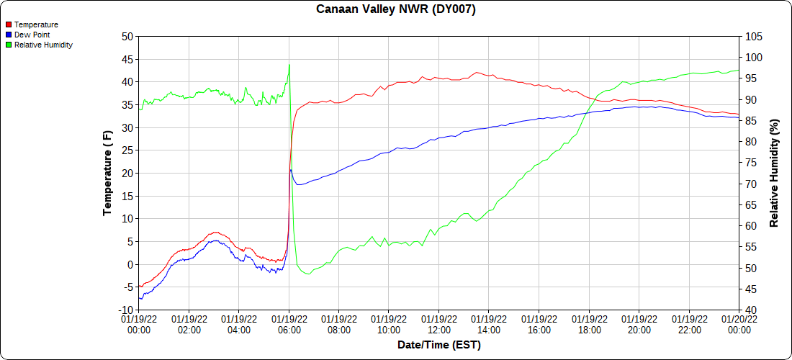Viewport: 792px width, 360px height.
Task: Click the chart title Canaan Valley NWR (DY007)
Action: click(396, 9)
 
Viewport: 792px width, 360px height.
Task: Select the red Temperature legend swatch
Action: click(9, 24)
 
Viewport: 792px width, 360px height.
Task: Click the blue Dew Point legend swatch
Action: click(9, 35)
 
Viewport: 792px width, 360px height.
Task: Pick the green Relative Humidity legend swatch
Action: click(9, 45)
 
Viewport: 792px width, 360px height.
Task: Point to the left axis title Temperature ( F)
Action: click(107, 173)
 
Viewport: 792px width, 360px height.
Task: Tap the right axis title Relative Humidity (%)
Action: click(775, 173)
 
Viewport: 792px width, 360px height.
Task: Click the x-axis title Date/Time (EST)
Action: click(439, 345)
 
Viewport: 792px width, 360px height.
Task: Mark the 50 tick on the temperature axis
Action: click(127, 36)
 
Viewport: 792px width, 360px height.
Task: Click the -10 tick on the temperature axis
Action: click(125, 310)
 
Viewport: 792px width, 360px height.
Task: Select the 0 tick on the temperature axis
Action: click(130, 264)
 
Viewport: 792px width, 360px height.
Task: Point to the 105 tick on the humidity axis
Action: click(752, 36)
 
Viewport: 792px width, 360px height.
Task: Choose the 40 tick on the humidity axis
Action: click(750, 310)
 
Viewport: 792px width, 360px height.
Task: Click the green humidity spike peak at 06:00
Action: click(289, 64)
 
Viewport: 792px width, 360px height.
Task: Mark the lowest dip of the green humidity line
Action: click(308, 274)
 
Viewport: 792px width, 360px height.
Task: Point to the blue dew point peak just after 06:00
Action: click(291, 170)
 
